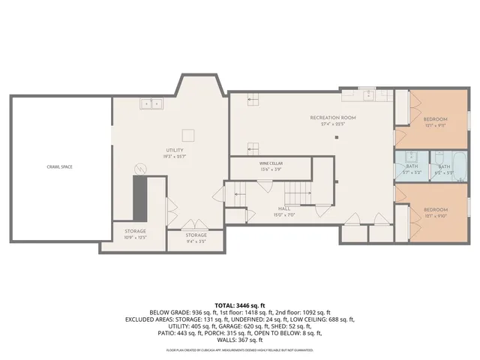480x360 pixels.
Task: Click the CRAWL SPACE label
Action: pyautogui.click(x=58, y=166)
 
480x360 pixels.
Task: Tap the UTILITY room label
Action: pyautogui.click(x=175, y=151)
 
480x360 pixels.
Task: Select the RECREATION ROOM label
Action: pyautogui.click(x=333, y=118)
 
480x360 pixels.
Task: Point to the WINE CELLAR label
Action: pyautogui.click(x=271, y=163)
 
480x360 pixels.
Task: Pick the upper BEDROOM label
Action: pyautogui.click(x=435, y=120)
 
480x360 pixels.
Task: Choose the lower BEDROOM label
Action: pyautogui.click(x=435, y=209)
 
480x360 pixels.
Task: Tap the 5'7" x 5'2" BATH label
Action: pyautogui.click(x=412, y=166)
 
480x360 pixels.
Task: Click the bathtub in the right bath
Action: pyautogui.click(x=459, y=166)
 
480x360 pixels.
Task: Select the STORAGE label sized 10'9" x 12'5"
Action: pyautogui.click(x=135, y=231)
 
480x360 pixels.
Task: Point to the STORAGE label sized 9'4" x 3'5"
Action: pyautogui.click(x=196, y=235)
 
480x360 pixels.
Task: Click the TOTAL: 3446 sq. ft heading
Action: pyautogui.click(x=240, y=305)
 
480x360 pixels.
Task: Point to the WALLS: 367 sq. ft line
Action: pyautogui.click(x=240, y=340)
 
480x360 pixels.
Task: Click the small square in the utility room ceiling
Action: pyautogui.click(x=190, y=135)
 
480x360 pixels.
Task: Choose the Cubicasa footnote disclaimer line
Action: pyautogui.click(x=240, y=349)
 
